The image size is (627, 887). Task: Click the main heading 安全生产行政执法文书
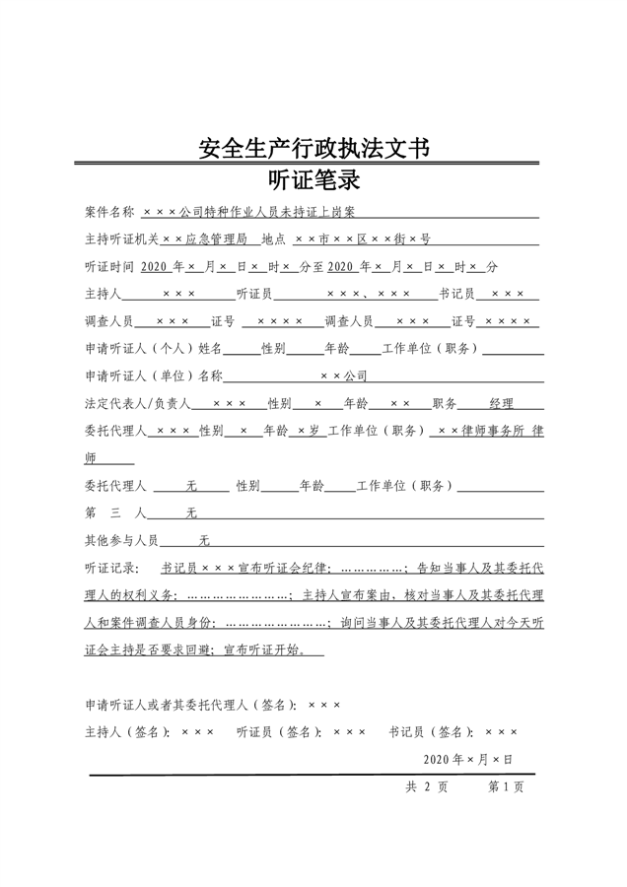point(313,149)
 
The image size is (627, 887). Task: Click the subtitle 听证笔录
point(313,180)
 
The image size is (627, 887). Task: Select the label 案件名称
point(109,212)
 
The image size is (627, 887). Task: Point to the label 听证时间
point(109,267)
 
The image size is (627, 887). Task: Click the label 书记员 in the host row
point(456,295)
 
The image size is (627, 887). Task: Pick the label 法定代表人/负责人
point(137,404)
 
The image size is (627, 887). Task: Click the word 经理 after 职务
point(502,404)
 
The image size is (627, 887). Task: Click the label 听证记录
point(109,569)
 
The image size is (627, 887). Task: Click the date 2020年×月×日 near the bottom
point(468,760)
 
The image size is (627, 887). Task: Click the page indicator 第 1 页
point(506,787)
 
